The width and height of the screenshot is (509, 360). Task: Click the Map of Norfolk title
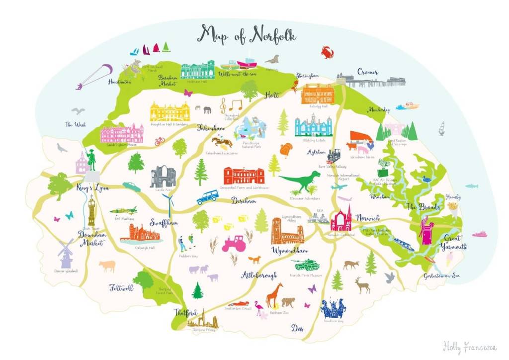tap(247, 34)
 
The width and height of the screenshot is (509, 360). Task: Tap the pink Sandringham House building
tap(122, 134)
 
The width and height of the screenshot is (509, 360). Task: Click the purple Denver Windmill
tap(66, 254)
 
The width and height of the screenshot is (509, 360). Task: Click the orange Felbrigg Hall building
tap(318, 94)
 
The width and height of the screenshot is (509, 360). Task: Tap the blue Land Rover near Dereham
tap(207, 197)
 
